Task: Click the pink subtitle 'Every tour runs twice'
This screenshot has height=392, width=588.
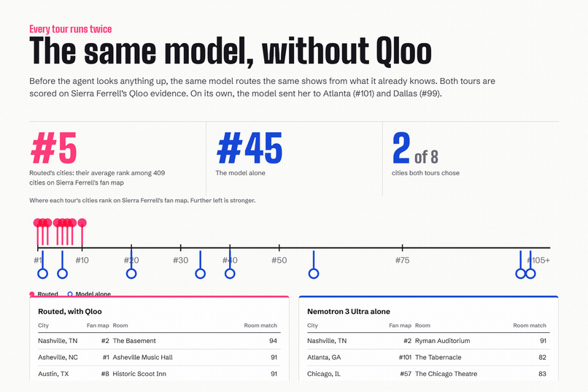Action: (x=71, y=29)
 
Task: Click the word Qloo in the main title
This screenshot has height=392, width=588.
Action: (x=403, y=51)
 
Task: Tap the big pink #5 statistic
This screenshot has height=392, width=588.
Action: (x=54, y=148)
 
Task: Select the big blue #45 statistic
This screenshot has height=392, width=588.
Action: (x=249, y=148)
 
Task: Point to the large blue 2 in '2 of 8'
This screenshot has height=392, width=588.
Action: (x=401, y=148)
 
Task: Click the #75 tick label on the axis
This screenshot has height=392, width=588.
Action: (x=403, y=260)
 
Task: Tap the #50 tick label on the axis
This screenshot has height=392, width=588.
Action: (x=279, y=260)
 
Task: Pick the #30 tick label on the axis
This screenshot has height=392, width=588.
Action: (x=180, y=260)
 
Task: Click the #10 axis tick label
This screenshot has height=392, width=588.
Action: (x=82, y=260)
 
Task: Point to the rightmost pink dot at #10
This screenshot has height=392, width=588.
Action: (x=82, y=223)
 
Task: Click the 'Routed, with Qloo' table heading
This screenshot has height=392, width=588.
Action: (x=70, y=312)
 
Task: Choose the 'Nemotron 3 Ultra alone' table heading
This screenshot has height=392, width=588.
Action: (x=349, y=312)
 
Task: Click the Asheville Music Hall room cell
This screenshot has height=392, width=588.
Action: (x=142, y=357)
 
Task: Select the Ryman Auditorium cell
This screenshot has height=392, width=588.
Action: (x=443, y=341)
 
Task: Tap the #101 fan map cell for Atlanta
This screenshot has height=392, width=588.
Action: (x=405, y=357)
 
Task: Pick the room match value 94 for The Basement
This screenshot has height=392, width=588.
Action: (x=273, y=341)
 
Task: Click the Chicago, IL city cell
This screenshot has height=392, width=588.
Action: (x=324, y=374)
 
